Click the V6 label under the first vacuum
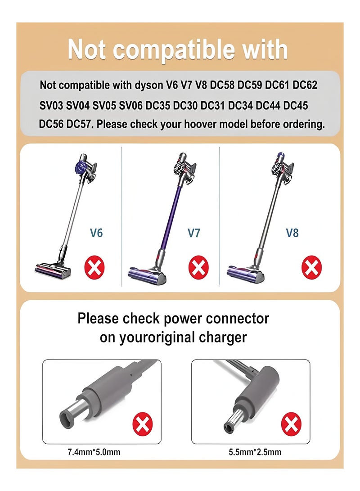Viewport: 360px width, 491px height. [x=96, y=233]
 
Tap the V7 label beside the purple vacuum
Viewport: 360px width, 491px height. [x=193, y=233]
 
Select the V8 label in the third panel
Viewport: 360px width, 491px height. [x=292, y=233]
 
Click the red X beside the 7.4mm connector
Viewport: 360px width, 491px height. [x=143, y=425]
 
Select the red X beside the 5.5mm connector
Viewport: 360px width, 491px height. [x=291, y=425]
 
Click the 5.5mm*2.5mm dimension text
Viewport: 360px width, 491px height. [x=255, y=452]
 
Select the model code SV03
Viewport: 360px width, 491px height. [x=51, y=105]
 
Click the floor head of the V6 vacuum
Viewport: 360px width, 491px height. [x=54, y=268]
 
